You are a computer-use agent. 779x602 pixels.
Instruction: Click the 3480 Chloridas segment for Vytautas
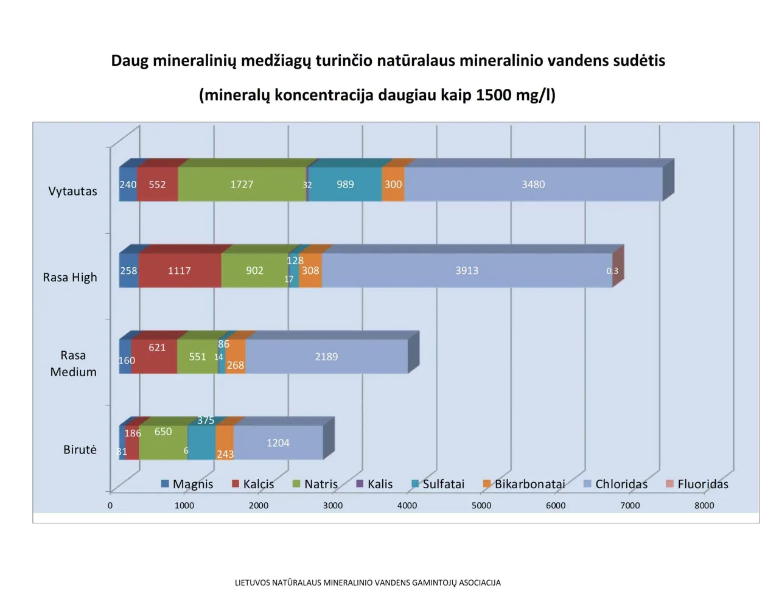(x=533, y=184)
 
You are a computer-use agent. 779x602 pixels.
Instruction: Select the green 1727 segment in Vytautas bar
(x=242, y=184)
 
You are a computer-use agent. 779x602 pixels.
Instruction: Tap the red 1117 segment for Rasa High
(x=180, y=271)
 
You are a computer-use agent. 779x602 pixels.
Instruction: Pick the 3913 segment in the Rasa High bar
(x=467, y=271)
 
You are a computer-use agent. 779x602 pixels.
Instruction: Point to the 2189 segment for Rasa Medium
(x=326, y=357)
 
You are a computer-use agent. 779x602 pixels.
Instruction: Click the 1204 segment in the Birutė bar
(x=278, y=443)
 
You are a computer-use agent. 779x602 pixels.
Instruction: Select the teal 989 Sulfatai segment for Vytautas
(x=345, y=184)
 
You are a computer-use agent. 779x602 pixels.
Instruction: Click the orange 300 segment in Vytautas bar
(x=393, y=184)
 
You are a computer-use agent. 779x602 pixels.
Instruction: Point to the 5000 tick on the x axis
(x=481, y=505)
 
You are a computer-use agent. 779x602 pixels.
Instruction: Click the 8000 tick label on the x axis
(x=704, y=505)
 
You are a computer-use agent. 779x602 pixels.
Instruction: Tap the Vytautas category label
(x=72, y=191)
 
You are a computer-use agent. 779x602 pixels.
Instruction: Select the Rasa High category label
(x=70, y=278)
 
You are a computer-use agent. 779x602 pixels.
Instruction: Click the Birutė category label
(x=80, y=450)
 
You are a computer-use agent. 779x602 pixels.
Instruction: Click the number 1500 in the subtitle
(x=494, y=95)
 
